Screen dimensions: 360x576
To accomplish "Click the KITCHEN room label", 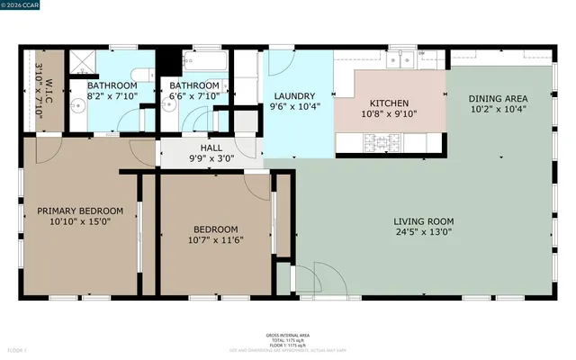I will (x=389, y=103).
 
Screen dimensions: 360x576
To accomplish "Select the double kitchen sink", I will (x=403, y=59).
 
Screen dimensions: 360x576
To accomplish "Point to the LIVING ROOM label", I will (x=423, y=221).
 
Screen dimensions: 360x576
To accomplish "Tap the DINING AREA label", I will (x=498, y=98).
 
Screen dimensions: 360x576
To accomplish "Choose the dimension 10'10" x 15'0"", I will (x=79, y=221).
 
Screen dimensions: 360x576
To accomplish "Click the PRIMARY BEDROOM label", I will (x=79, y=211).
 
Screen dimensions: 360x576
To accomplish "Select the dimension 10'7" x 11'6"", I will (x=215, y=239).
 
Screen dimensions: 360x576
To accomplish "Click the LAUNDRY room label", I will (x=293, y=96).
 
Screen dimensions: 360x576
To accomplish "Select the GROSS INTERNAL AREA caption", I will (x=287, y=335).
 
